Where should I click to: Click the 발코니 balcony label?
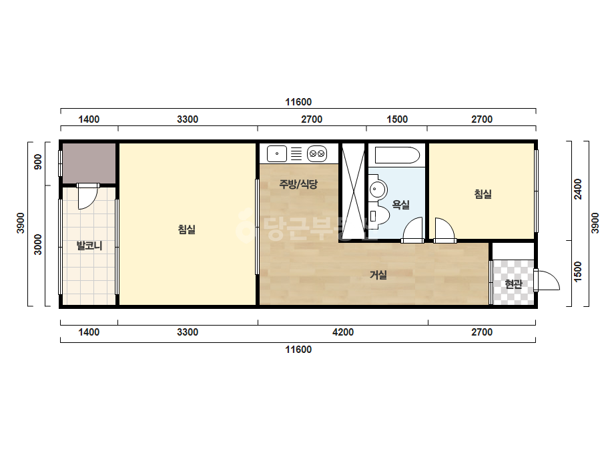89,246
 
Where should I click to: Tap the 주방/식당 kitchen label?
298,184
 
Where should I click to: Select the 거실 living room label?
378,275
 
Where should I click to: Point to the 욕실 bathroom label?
400,204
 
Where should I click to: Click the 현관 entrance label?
513,284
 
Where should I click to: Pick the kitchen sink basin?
277,153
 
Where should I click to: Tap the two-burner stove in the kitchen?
317,153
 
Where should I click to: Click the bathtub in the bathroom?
397,155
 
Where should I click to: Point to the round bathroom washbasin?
378,189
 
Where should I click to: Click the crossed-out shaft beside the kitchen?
353,191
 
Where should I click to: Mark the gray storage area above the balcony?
89,163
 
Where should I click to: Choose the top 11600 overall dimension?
298,102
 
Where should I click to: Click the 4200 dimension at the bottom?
343,332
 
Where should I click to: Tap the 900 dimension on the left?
38,162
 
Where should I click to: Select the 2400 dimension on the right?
577,189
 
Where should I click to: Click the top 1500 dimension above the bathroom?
397,119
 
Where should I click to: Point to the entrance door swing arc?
547,280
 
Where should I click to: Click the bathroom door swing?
413,230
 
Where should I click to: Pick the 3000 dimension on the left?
38,244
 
